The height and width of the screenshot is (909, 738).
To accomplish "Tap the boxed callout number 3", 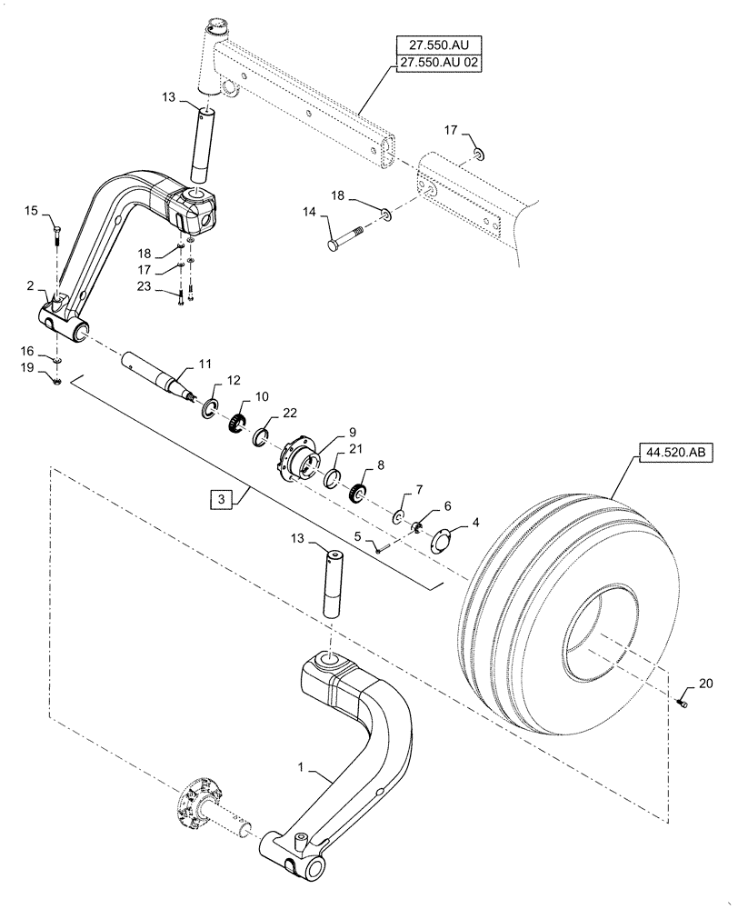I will click(x=218, y=497).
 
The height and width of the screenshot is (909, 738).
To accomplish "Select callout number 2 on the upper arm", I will click(x=31, y=286).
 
